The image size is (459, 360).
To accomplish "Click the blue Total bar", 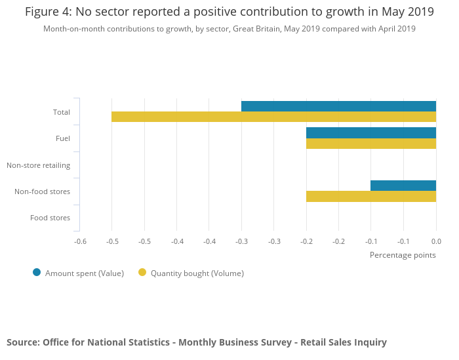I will point(338,106).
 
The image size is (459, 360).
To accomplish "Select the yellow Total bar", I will point(273,117).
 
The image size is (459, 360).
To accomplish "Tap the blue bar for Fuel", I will point(370,132).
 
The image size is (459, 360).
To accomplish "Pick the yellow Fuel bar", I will point(370,144).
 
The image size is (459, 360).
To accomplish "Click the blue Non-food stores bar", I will point(403,186).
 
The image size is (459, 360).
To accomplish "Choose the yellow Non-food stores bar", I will point(370,196).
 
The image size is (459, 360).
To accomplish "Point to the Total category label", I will point(62,112).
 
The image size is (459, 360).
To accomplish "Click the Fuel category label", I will point(63,138).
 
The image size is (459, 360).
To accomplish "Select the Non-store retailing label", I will point(38,165).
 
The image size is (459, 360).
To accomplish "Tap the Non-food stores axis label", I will point(42,191).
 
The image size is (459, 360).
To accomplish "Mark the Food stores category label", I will point(50,218).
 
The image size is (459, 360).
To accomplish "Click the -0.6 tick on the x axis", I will point(80,241).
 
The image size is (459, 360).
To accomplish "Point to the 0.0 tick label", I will point(436,241).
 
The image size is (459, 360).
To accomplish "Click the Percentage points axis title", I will point(403,255).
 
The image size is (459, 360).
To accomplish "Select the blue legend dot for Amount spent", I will point(37,273).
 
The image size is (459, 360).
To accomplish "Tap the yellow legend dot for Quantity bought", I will point(142,273).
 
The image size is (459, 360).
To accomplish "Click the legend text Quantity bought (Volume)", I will point(197,273).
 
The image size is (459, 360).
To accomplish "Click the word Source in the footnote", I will point(22,342).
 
